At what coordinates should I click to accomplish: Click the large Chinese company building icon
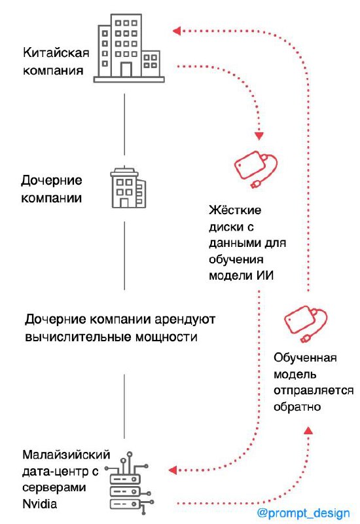tap(129, 48)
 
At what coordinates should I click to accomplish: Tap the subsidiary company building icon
tap(128, 187)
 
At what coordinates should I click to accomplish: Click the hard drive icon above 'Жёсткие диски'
tap(255, 169)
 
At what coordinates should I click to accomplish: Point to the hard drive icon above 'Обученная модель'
tap(305, 324)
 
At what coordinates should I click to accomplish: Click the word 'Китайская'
tap(56, 53)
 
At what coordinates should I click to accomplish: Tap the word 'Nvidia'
tap(39, 504)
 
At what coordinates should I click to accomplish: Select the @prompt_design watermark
tap(304, 513)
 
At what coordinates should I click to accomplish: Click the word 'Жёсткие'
tap(235, 210)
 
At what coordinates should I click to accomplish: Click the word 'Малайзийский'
tap(66, 455)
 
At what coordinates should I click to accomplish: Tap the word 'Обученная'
tap(305, 358)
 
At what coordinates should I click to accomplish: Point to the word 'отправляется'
tap(314, 390)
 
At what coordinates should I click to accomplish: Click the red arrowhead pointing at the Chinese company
tap(177, 31)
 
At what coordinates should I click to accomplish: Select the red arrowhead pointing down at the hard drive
tap(259, 136)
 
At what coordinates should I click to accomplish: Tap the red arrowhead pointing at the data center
tap(173, 470)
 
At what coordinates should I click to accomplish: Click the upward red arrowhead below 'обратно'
tap(308, 430)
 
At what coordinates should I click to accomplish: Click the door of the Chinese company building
tap(126, 69)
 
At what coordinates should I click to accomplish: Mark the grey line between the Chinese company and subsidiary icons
tap(124, 124)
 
